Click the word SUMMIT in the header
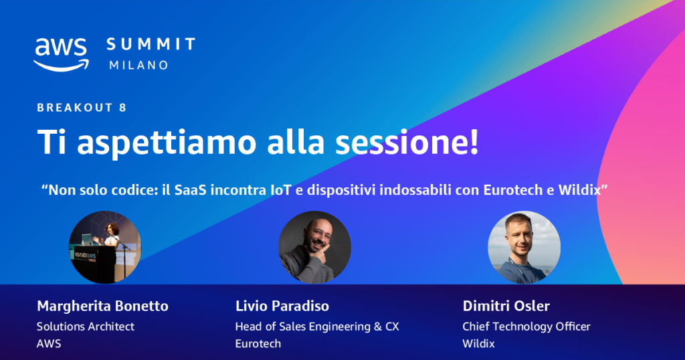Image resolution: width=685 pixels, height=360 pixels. (x=151, y=45)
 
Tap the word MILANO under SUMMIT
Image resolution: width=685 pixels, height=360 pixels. (x=138, y=66)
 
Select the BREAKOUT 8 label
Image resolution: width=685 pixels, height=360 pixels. (x=82, y=108)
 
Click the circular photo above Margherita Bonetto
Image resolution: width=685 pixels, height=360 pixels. (x=105, y=248)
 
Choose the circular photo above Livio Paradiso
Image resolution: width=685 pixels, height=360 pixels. (x=314, y=248)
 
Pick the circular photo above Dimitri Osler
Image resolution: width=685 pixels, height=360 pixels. (x=524, y=248)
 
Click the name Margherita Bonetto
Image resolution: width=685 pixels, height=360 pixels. (x=102, y=306)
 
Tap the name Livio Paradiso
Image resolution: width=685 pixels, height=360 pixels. (x=282, y=306)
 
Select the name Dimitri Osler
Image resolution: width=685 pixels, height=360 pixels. (x=506, y=306)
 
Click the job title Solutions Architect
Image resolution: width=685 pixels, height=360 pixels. (x=86, y=327)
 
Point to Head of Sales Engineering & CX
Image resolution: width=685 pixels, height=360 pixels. (x=316, y=327)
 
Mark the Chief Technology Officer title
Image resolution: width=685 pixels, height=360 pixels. (x=526, y=327)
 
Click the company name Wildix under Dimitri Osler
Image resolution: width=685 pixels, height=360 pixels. (x=478, y=344)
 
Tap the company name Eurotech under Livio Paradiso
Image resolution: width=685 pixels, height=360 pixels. (x=258, y=344)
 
